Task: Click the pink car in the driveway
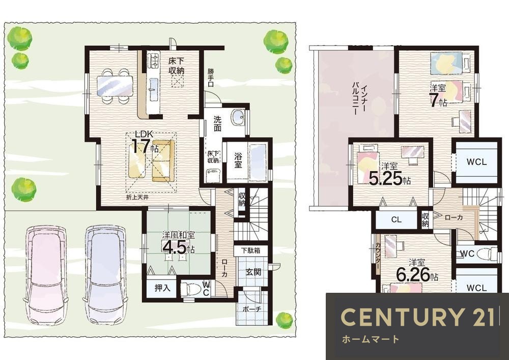[45, 274]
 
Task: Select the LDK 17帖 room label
[145, 143]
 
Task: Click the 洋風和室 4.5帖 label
[178, 242]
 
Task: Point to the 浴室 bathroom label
[238, 160]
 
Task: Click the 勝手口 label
[211, 77]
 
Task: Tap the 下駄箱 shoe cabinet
[250, 251]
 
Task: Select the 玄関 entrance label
[253, 272]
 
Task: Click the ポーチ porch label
[252, 309]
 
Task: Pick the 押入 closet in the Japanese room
[162, 288]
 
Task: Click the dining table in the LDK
[115, 86]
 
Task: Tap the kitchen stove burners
[153, 61]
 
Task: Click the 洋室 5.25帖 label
[389, 174]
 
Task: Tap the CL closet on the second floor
[397, 220]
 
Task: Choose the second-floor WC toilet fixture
[487, 254]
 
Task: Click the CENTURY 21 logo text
[417, 317]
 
